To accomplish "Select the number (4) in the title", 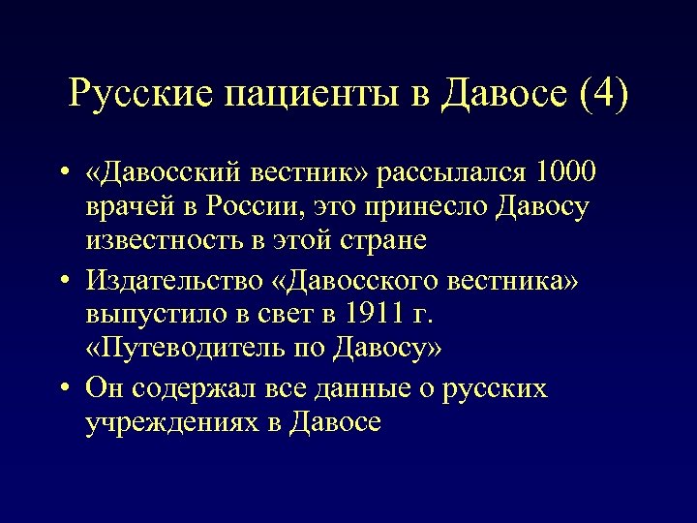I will point(602,94).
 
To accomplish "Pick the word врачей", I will point(134,209).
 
